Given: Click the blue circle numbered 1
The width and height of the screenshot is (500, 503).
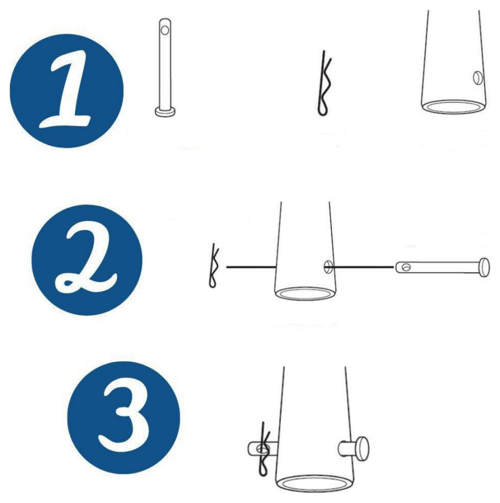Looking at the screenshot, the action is tap(67, 91).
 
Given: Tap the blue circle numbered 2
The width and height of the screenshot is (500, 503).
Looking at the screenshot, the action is tap(87, 260).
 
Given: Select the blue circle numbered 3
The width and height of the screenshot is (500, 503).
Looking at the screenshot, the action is tap(123, 418).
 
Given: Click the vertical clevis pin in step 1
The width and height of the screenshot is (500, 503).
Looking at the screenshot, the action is tap(165, 68).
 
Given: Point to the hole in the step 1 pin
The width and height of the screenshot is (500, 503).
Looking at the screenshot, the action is tap(165, 30).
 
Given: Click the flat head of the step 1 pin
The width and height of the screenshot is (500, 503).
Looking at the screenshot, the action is tap(165, 112).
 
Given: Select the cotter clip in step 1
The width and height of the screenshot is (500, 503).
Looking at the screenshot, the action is tap(324, 83).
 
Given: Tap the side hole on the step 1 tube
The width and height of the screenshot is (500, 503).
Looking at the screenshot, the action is tap(478, 78).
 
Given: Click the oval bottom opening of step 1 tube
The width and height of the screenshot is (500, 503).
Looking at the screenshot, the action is tap(454, 107).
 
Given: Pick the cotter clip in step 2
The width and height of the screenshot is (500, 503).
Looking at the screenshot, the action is tap(214, 266).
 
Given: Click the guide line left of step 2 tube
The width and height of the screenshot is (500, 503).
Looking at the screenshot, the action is tap(252, 267).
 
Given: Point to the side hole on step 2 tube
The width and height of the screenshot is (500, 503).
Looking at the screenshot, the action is tap(328, 267).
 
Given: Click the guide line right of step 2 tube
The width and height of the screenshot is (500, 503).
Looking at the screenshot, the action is tap(363, 267).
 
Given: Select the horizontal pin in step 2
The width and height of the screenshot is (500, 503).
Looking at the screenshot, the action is tap(442, 267).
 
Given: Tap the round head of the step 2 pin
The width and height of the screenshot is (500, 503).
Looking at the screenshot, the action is tap(485, 267).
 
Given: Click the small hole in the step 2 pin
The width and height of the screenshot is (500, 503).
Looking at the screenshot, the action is tap(407, 267).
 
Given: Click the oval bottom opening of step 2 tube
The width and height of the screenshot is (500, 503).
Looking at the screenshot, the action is tap(305, 294).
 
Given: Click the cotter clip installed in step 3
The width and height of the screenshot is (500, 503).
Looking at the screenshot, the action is tap(264, 449).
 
